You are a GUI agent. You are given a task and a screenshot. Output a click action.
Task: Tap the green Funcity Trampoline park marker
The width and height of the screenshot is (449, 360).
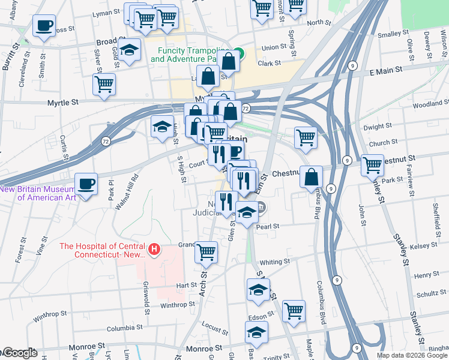pos(238,53)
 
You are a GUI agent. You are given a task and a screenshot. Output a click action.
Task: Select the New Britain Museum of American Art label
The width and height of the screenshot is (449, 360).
pos(38,193)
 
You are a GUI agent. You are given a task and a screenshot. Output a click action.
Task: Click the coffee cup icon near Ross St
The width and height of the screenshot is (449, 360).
pos(44,26)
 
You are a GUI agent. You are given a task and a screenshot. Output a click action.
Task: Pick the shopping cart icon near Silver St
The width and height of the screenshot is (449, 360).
pos(104,84)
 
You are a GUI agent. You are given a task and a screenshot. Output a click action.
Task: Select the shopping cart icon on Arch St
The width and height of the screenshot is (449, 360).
pos(206,252)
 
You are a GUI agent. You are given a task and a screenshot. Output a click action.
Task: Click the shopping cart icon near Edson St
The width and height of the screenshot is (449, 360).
pos(294,311)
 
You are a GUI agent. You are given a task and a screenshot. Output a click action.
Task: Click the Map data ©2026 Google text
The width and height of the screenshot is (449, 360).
pos(412,355)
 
